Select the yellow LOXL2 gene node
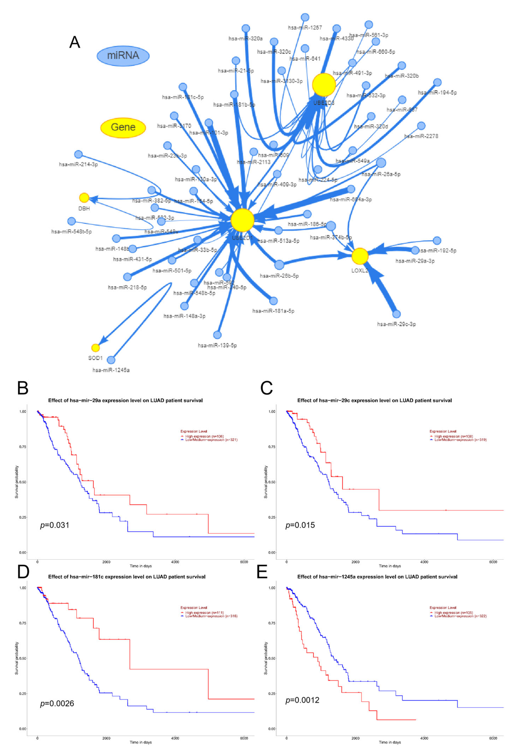(x=360, y=256)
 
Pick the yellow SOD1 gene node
(x=95, y=348)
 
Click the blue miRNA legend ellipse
(x=123, y=56)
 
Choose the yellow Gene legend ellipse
(x=123, y=128)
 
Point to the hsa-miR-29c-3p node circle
(x=396, y=314)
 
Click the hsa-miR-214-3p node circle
(x=78, y=154)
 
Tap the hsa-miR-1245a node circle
(x=111, y=360)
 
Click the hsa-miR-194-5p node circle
(x=437, y=82)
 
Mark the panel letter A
(x=75, y=42)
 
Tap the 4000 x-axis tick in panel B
(x=175, y=562)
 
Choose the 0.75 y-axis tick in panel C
(x=272, y=447)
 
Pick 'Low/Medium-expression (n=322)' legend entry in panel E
(x=460, y=616)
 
